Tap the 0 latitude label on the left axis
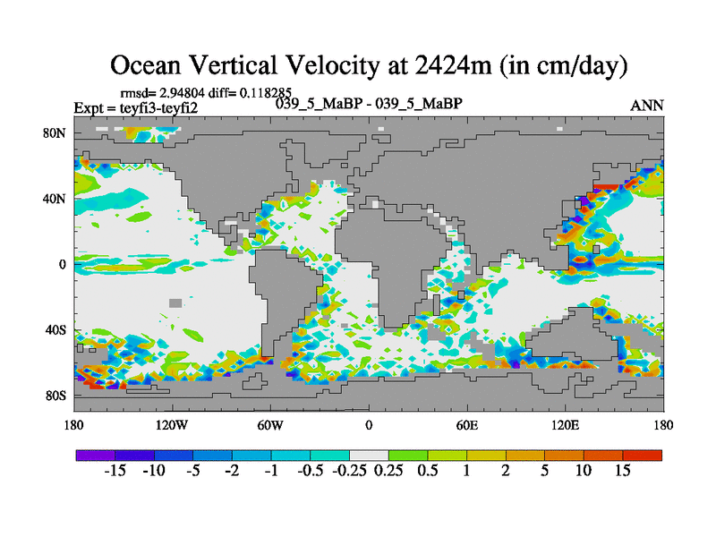coord(64,265)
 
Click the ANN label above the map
coord(647,106)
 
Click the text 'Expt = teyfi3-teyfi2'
coord(135,107)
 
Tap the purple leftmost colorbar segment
coord(96,456)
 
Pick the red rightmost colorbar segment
coord(643,456)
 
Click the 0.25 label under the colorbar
coord(388,472)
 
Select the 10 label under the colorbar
coord(584,472)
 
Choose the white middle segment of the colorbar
coord(369,456)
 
